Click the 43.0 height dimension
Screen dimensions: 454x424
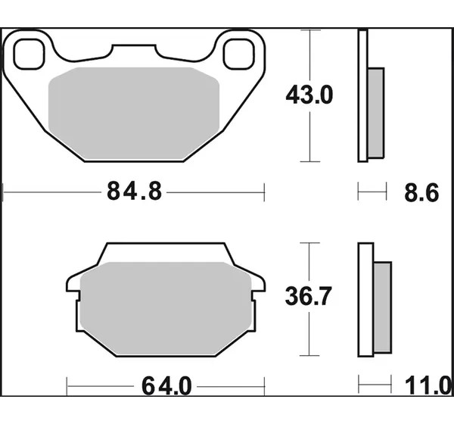tap(309, 95)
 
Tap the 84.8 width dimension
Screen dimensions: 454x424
tap(135, 192)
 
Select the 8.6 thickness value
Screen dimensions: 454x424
tap(421, 192)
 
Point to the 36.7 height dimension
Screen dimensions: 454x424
tap(308, 296)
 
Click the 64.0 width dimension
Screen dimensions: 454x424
tap(166, 386)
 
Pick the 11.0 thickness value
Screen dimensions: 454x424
tap(429, 385)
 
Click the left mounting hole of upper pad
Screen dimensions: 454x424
tap(30, 55)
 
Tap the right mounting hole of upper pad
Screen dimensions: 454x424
tap(239, 55)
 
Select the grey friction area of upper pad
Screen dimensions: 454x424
tap(134, 114)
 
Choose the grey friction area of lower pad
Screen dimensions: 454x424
tap(166, 308)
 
